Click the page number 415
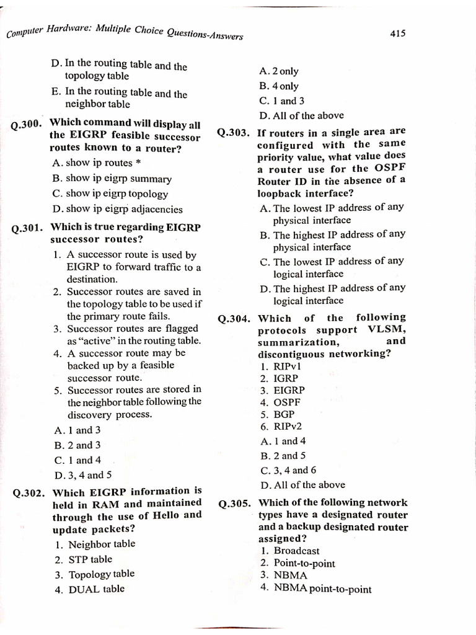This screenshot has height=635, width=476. click(398, 34)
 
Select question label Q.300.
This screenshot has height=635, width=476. click(27, 125)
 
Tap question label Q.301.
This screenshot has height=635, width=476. click(27, 229)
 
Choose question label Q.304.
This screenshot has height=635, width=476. click(236, 319)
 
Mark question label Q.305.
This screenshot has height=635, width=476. click(236, 504)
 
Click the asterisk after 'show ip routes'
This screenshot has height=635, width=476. click(138, 162)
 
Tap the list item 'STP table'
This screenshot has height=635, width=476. click(90, 559)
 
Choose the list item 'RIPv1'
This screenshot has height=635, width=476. click(288, 366)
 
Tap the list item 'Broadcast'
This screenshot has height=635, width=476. click(296, 551)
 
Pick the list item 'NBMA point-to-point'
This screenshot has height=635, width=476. click(322, 588)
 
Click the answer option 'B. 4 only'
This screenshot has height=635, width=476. click(279, 86)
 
